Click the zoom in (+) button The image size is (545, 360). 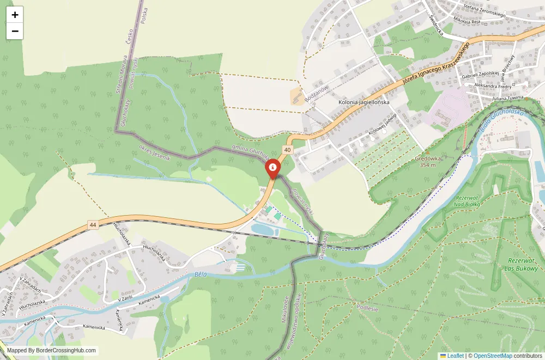15,15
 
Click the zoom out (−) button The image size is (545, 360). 15,31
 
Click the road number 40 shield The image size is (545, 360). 287,149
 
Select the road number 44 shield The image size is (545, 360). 93,224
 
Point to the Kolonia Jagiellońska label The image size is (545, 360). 364,102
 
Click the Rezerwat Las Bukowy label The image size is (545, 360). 521,264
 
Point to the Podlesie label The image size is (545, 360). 367,308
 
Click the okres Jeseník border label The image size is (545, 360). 155,153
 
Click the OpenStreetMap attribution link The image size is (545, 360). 493,356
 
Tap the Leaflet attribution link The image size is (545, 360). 452,356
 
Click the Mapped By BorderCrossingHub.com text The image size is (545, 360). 52,351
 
